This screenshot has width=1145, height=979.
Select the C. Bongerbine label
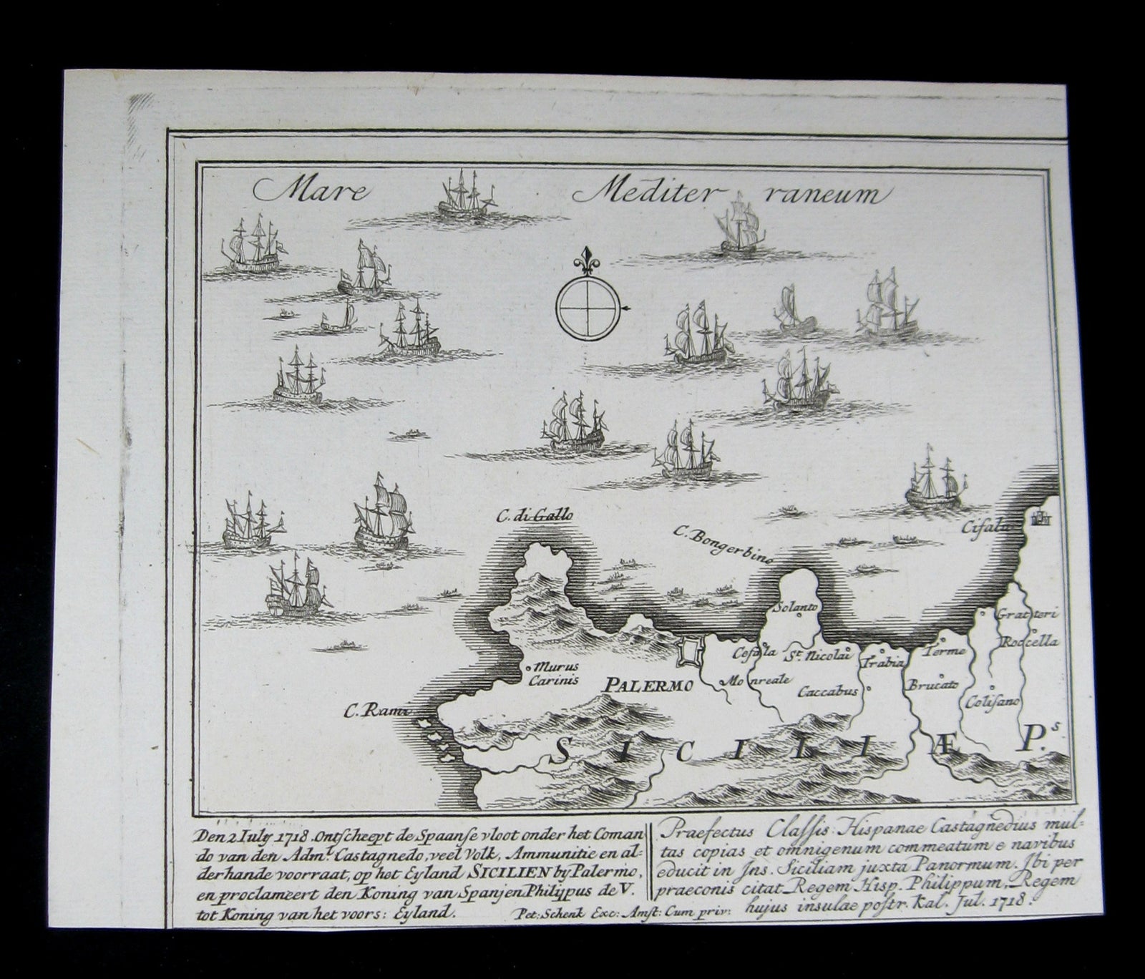click(723, 546)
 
